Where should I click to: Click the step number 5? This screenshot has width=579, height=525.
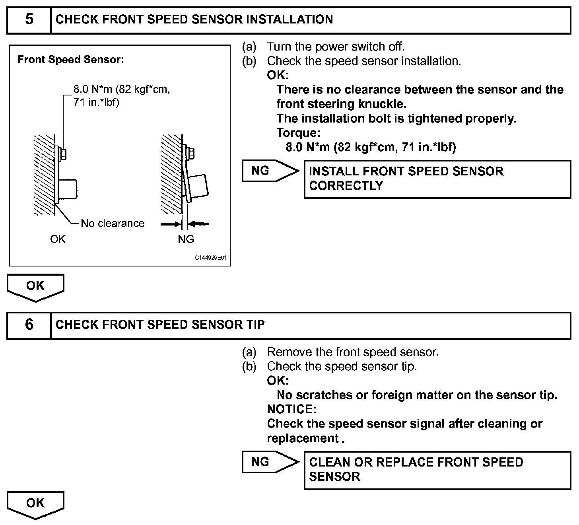[x=29, y=19]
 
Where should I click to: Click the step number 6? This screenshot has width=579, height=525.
[x=29, y=325]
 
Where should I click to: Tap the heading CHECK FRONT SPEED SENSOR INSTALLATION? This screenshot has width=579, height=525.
[x=194, y=19]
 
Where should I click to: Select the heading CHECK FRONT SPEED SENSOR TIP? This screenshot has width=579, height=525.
[x=160, y=325]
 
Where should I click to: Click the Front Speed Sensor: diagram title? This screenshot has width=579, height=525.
[x=71, y=60]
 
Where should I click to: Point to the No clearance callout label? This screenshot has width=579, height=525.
[x=113, y=224]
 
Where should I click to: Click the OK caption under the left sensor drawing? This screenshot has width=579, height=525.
[x=58, y=239]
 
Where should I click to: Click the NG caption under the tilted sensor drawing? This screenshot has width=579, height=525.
[x=186, y=239]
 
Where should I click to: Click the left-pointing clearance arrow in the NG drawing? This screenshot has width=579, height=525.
[x=199, y=224]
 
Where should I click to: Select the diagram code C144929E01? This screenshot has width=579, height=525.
[x=211, y=258]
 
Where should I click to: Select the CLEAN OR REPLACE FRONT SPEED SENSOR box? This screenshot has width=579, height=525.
[x=437, y=470]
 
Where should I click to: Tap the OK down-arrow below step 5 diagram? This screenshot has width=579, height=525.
[x=35, y=286]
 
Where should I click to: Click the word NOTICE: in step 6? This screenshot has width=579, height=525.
[x=291, y=409]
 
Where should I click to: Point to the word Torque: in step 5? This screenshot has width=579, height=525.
[x=298, y=133]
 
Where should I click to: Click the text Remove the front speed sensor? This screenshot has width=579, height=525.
[x=353, y=352]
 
